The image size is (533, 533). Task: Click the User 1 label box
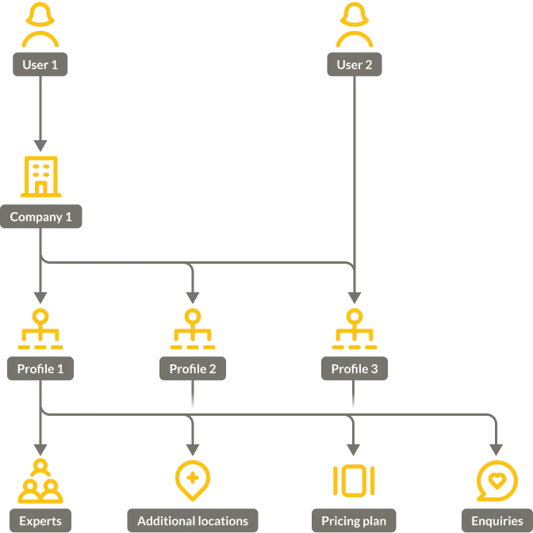(40, 65)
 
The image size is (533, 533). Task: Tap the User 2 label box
(354, 65)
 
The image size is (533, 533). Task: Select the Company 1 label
(40, 217)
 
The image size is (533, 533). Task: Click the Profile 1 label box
(40, 369)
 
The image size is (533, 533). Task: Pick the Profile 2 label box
(193, 369)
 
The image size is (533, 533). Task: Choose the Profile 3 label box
(355, 369)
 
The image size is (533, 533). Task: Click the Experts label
(40, 520)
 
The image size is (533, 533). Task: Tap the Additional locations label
(193, 520)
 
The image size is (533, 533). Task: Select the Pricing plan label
(355, 520)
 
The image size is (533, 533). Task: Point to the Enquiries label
(497, 520)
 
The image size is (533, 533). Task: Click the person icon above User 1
(40, 25)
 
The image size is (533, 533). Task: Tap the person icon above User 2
(354, 25)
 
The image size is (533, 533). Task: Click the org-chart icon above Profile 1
(40, 329)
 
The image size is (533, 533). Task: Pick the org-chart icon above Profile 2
(193, 329)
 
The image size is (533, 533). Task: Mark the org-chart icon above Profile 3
(355, 329)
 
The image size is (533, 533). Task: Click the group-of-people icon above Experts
(40, 481)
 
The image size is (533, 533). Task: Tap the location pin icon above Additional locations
(193, 481)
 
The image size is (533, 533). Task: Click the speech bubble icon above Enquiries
(497, 481)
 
